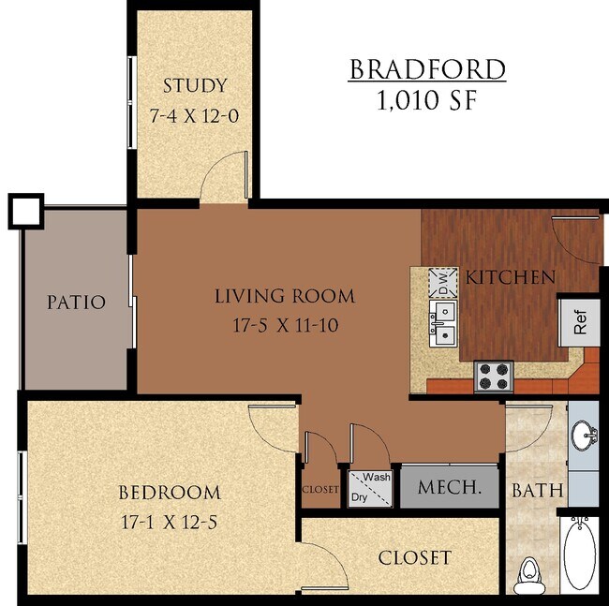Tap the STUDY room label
[x=194, y=86]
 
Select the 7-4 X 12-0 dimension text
[x=194, y=117]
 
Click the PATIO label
[x=77, y=303]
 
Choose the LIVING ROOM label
[x=285, y=297]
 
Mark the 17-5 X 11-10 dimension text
[x=285, y=327]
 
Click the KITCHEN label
[x=511, y=277]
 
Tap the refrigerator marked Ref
[x=580, y=321]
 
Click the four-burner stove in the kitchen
[x=494, y=376]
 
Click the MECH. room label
[x=449, y=487]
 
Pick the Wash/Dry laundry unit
[x=370, y=488]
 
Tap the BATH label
[x=537, y=490]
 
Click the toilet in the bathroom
[x=530, y=571]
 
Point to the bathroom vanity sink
[x=584, y=435]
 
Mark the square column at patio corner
[x=25, y=211]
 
